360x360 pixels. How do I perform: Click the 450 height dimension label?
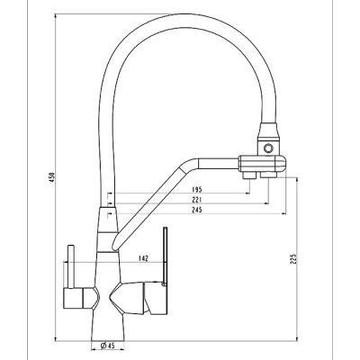click(x=52, y=178)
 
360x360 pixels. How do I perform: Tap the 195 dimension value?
click(x=196, y=190)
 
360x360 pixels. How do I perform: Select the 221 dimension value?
click(x=196, y=200)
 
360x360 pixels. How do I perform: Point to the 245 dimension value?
click(x=196, y=210)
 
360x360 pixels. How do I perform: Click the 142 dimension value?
click(x=144, y=258)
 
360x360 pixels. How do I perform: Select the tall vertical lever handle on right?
click(x=165, y=256)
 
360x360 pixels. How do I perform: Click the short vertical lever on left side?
click(x=71, y=266)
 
